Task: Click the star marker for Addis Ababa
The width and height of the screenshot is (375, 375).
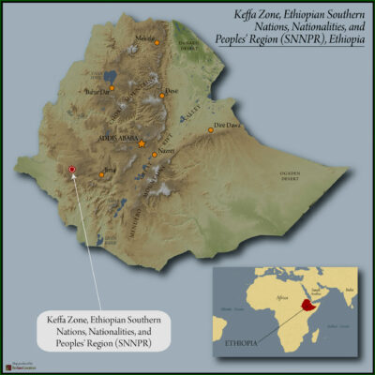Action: pos(142,144)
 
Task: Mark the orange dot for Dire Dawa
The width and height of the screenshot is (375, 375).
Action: pos(211,130)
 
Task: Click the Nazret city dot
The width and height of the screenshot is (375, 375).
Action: pos(154,154)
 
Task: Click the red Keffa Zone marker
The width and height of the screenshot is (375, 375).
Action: pos(72,170)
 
